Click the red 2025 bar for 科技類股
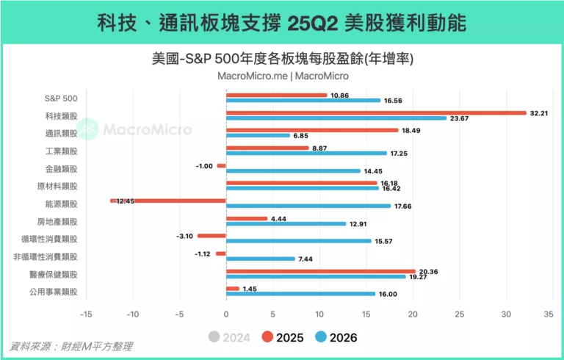point(376,113)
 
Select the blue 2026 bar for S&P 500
point(303,101)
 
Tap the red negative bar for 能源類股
point(168,201)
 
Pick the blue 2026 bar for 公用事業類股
point(300,294)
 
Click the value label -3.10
point(184,236)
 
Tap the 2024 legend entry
point(229,337)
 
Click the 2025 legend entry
point(283,337)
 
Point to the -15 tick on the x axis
point(86,314)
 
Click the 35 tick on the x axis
point(548,314)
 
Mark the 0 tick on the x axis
point(226,314)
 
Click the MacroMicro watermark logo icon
point(88,129)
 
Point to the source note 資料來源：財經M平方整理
point(71,346)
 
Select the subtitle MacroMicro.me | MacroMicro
point(283,75)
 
